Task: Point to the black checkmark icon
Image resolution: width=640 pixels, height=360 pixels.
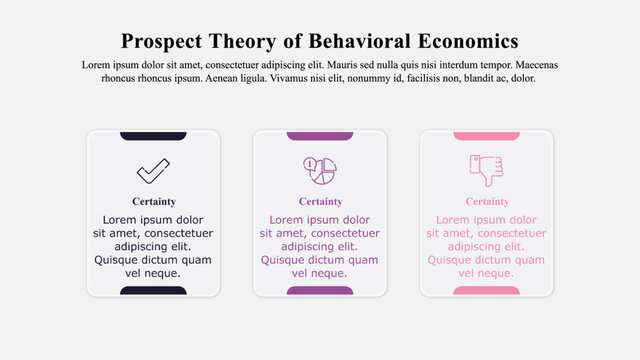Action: click(x=153, y=170)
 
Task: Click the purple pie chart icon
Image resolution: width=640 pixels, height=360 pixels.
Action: click(x=320, y=170)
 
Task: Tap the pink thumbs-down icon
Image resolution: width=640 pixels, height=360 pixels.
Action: click(x=486, y=170)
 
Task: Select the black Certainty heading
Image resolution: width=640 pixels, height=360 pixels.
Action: click(x=153, y=201)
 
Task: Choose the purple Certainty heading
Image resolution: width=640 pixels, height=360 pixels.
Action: click(x=320, y=201)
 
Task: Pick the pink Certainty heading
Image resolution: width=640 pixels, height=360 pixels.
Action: click(x=487, y=201)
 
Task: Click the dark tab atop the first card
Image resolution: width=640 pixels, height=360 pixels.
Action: click(x=153, y=136)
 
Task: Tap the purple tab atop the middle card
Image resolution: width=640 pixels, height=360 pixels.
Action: click(x=320, y=136)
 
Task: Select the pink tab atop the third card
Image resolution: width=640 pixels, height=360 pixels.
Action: click(x=487, y=136)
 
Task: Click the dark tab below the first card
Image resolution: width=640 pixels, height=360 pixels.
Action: click(x=153, y=291)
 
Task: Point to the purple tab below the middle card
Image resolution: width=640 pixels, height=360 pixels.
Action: click(x=320, y=291)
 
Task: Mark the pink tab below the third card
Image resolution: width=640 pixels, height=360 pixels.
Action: click(x=487, y=291)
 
